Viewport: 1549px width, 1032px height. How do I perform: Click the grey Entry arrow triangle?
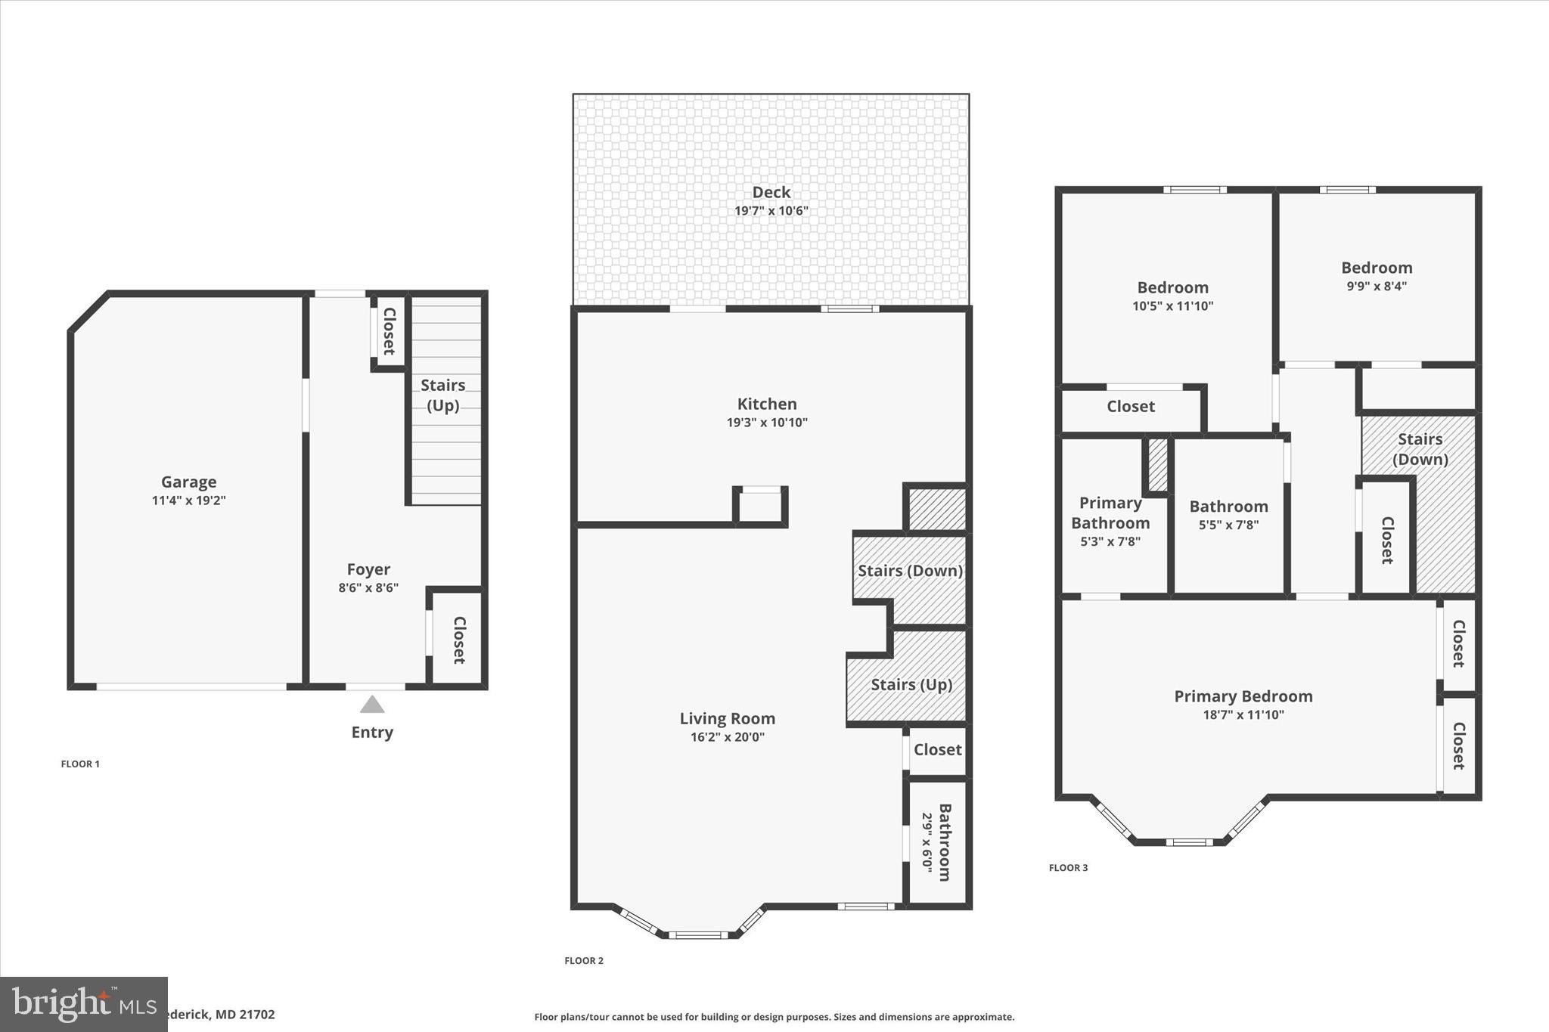tap(371, 705)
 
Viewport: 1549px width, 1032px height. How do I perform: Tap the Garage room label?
tap(188, 482)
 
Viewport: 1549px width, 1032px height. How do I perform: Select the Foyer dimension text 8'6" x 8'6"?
tap(368, 588)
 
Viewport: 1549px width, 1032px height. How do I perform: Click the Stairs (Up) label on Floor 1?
tap(442, 395)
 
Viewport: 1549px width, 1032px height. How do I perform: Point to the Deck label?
tap(771, 192)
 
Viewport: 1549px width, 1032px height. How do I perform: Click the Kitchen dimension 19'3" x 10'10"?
tap(767, 423)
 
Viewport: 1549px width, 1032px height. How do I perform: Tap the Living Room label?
tap(727, 718)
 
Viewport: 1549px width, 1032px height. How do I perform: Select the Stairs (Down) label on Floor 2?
tap(910, 571)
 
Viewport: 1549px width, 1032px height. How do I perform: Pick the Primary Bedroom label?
tap(1243, 696)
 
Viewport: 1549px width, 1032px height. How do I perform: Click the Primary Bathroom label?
tap(1110, 513)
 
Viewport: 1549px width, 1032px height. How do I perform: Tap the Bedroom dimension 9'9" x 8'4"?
tap(1377, 287)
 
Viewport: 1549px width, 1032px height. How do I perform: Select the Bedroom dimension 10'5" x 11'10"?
tap(1172, 306)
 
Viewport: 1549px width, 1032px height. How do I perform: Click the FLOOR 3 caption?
tap(1068, 868)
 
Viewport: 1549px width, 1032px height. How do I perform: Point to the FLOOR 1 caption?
tap(80, 764)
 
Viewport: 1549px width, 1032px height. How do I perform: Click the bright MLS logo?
tap(83, 1004)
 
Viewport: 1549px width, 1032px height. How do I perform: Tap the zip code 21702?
tap(256, 1015)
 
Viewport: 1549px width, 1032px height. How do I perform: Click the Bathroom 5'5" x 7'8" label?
tap(1228, 507)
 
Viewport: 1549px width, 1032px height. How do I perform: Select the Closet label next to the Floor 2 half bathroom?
tap(937, 749)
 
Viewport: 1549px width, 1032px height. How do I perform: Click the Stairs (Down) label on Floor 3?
tap(1420, 449)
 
